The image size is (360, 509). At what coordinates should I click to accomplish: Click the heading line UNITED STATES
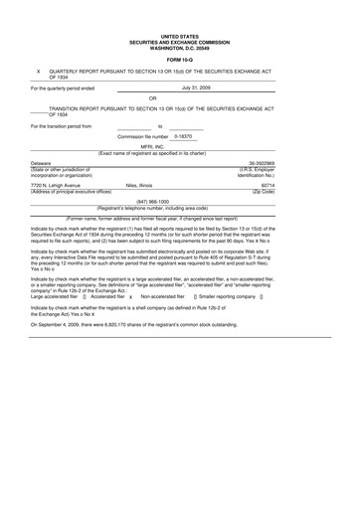(179, 10)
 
